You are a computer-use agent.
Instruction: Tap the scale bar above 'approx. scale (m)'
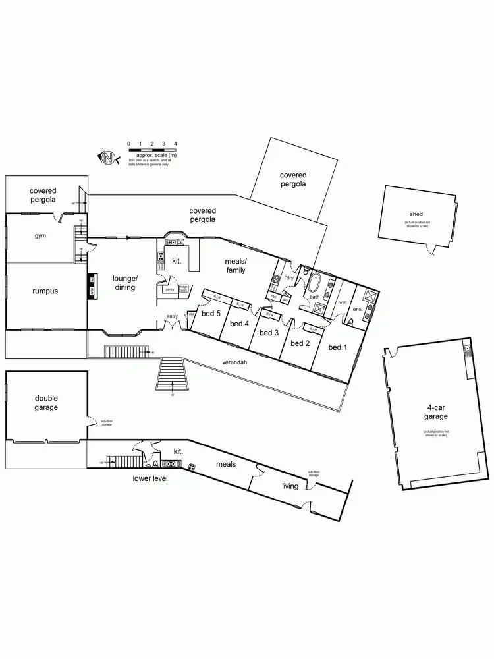pyautogui.click(x=152, y=149)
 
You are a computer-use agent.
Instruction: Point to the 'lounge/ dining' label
pyautogui.click(x=124, y=283)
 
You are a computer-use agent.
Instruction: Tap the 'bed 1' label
pyautogui.click(x=337, y=347)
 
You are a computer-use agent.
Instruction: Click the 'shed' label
pyautogui.click(x=416, y=214)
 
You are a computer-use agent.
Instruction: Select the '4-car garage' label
pyautogui.click(x=435, y=412)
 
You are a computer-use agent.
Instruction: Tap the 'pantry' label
pyautogui.click(x=170, y=289)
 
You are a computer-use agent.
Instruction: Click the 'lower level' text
pyautogui.click(x=150, y=478)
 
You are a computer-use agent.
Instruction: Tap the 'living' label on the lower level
pyautogui.click(x=290, y=486)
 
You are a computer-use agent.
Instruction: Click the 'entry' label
pyautogui.click(x=172, y=317)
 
